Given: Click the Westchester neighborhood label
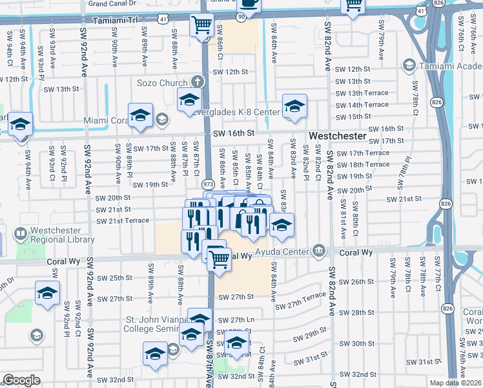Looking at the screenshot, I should pyautogui.click(x=338, y=137).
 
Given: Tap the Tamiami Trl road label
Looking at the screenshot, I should pyautogui.click(x=116, y=20).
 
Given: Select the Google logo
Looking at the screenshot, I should pyautogui.click(x=21, y=380).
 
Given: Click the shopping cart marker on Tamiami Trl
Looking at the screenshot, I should pyautogui.click(x=201, y=25).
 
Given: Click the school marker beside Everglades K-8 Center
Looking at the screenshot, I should pyautogui.click(x=294, y=105).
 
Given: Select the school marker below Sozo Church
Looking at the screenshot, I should pyautogui.click(x=189, y=99).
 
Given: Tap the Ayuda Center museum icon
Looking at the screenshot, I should pyautogui.click(x=318, y=250).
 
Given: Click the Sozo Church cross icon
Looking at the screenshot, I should pyautogui.click(x=198, y=83).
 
